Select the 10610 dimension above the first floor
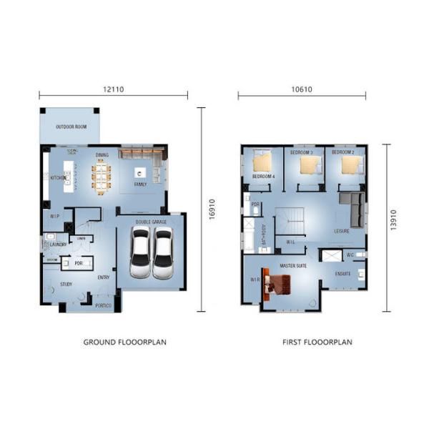coord(301,89)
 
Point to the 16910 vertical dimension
coord(212,209)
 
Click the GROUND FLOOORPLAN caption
coord(125,342)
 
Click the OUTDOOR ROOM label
coord(71,127)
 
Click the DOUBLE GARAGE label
coord(151,222)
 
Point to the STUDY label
coord(66,284)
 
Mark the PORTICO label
coord(104,305)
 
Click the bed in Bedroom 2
coord(350,165)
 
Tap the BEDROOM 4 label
coord(263,177)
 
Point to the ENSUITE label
coord(343,274)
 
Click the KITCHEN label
coord(57,177)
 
